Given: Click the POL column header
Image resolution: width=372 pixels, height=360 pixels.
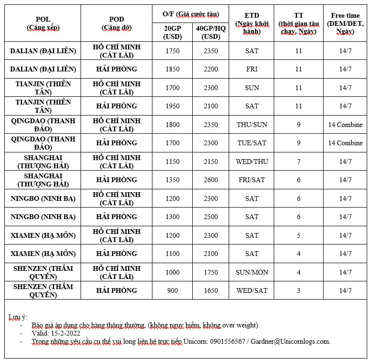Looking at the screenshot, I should click(43, 23).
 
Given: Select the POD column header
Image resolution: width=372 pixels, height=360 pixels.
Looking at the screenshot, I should click(116, 23).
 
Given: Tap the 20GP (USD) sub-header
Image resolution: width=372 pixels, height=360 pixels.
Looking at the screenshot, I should click(172, 32).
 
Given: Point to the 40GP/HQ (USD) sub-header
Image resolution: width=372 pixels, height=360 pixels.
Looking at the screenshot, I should click(211, 32).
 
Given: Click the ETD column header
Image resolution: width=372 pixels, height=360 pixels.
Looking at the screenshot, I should click(252, 23).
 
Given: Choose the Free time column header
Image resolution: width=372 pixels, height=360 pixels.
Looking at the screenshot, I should click(345, 23).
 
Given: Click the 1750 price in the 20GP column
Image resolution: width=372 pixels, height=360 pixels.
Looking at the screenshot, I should click(172, 51).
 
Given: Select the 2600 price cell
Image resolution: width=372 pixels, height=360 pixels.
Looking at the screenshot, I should click(211, 180).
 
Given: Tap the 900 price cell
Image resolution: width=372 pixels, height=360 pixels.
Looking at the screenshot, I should click(172, 290).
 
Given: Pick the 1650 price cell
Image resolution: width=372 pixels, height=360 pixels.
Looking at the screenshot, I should click(211, 290).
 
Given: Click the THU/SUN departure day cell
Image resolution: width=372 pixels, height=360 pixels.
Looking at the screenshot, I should click(252, 125).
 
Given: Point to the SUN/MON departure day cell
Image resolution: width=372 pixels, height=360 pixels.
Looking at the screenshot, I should click(252, 272).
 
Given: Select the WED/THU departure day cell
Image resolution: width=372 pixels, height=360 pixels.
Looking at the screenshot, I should click(252, 162).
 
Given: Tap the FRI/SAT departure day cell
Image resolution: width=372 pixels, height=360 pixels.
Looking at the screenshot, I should click(252, 180).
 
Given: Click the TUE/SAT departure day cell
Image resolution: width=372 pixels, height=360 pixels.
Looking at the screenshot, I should click(252, 143).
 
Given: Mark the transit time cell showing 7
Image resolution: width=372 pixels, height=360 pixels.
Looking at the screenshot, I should click(299, 162).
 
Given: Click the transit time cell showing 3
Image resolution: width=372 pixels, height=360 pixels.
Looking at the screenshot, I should click(299, 290).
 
